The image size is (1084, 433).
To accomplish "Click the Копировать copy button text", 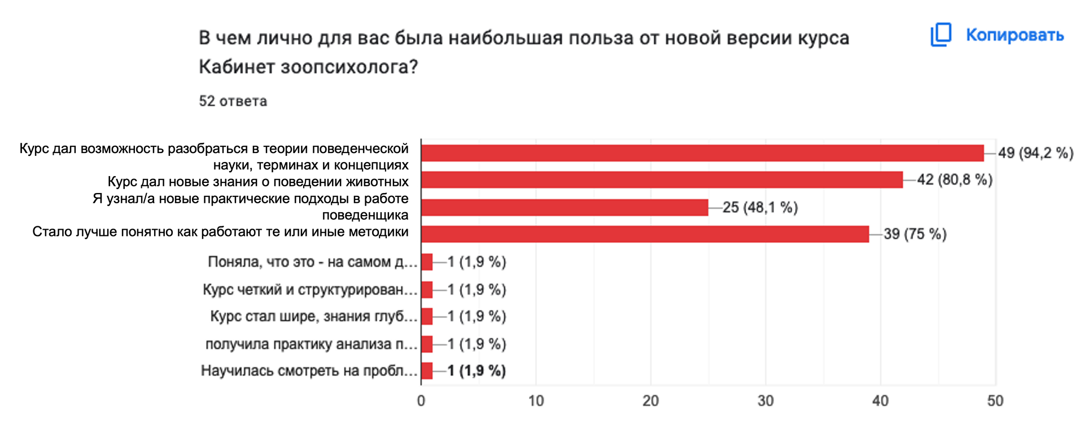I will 1015,35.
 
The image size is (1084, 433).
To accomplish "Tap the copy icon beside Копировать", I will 941,35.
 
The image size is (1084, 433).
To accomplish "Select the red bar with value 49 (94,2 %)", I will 702,153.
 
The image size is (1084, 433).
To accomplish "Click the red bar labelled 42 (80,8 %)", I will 662,180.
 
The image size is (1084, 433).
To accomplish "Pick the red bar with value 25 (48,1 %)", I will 565,207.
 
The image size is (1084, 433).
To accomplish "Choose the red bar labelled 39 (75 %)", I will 645,234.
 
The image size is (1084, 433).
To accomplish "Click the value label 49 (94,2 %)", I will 1035,153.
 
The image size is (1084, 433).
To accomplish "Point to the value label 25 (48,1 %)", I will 760,208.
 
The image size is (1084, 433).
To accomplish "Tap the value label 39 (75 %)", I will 915,234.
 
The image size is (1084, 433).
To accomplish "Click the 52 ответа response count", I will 233,101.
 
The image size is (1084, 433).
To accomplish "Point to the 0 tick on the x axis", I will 421,401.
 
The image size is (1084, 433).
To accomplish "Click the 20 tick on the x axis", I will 650,401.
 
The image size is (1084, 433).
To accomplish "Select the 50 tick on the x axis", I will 995,401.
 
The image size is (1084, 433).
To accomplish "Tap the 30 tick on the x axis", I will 766,401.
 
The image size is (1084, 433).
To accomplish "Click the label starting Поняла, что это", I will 312,262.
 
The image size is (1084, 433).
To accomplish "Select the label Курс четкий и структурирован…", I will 310,290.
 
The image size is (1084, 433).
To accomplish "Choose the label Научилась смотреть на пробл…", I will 309,371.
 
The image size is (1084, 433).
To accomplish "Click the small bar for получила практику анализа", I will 427,344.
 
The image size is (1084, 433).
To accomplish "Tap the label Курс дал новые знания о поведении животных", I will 258,182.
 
